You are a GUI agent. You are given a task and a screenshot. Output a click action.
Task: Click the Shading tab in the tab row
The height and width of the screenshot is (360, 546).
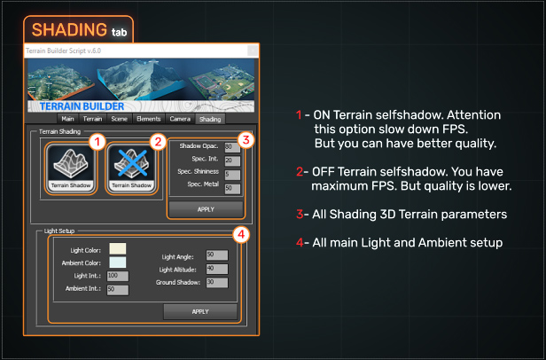click(x=210, y=118)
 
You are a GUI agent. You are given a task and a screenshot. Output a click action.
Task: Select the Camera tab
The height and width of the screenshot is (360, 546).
click(x=180, y=118)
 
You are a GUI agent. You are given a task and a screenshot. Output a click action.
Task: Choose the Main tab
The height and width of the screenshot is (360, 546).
click(x=67, y=118)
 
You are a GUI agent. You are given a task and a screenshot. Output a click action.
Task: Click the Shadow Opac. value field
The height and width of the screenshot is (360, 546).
click(x=231, y=146)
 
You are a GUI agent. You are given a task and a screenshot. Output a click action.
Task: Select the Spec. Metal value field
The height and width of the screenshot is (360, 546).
click(x=231, y=188)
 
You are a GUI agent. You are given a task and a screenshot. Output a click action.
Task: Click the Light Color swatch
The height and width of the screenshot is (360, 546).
click(x=118, y=248)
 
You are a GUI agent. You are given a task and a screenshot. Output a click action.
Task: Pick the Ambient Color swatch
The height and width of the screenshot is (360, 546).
click(x=118, y=262)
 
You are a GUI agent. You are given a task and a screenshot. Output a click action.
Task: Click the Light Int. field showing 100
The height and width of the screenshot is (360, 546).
click(x=117, y=276)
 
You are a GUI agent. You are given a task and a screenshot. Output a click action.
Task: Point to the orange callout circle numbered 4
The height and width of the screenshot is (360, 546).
click(x=238, y=235)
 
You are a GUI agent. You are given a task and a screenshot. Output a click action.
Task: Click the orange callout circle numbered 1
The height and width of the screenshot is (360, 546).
click(x=98, y=141)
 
